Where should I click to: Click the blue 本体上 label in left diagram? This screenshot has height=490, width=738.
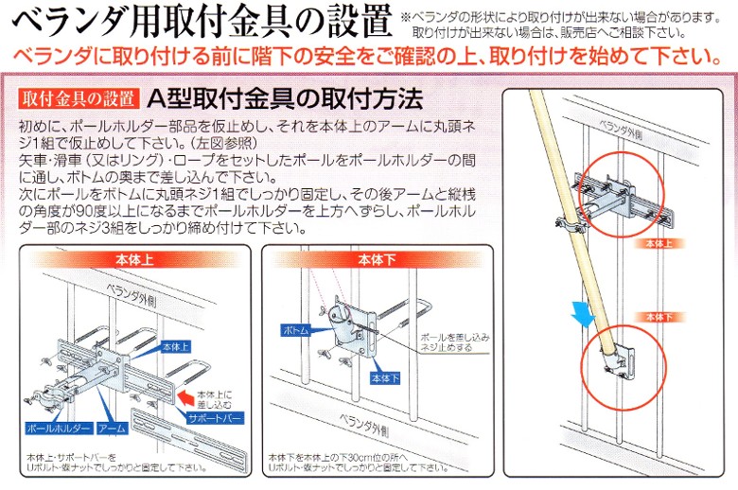(x=176, y=346)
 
